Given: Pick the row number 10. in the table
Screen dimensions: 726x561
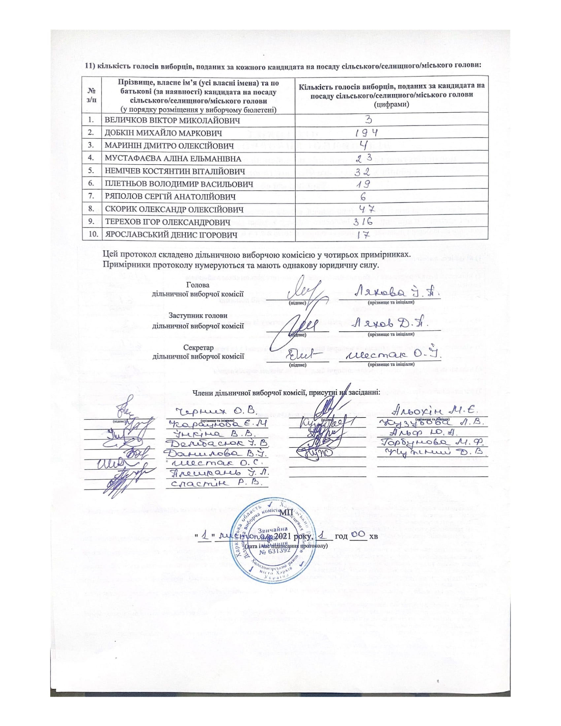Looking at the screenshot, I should point(92,235).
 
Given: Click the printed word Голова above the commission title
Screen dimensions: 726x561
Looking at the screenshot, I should point(198,285).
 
